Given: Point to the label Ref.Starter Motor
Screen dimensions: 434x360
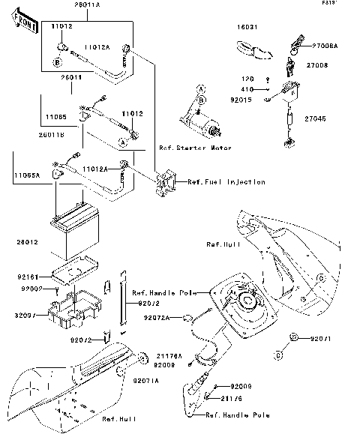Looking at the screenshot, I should click(195, 148).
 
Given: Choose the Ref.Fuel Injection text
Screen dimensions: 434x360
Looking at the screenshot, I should click(226, 182).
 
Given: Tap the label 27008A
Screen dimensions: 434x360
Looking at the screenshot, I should click(324, 46).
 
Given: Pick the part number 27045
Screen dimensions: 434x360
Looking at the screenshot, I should click(317, 117).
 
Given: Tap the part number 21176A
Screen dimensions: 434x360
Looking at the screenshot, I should click(168, 357).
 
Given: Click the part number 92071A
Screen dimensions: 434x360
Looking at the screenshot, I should click(146, 382).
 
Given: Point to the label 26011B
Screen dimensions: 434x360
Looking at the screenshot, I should click(24, 135).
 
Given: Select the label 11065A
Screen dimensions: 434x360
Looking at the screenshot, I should click(25, 174).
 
